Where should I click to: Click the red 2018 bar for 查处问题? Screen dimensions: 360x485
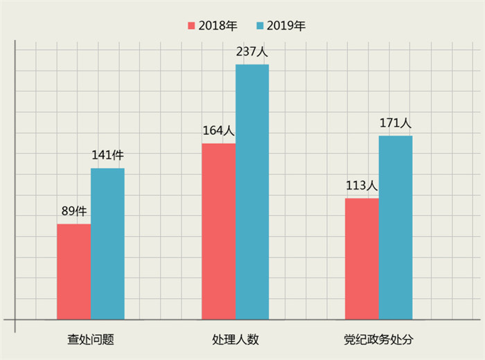tap(73, 271)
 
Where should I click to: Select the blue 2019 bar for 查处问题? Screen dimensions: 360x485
tap(107, 244)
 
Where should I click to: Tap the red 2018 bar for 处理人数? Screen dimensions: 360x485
tap(218, 231)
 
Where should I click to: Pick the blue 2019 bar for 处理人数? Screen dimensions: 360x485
tap(252, 192)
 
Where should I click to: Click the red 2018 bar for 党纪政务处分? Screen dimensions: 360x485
tap(362, 259)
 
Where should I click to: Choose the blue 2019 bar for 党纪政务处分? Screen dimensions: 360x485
tap(396, 228)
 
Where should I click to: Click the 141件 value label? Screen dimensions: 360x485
tap(107, 156)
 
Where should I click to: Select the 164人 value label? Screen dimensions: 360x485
tap(218, 130)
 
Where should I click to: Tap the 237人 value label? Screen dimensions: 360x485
tap(252, 51)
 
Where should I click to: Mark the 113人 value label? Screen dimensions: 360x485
tap(361, 186)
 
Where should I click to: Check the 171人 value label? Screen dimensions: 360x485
tap(396, 123)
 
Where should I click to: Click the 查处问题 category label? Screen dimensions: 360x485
tap(91, 339)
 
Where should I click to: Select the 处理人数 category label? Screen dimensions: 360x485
tap(236, 339)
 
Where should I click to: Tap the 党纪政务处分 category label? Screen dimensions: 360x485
tap(378, 339)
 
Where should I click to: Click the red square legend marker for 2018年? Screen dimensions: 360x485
tap(192, 26)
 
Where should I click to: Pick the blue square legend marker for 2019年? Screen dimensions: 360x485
tap(260, 26)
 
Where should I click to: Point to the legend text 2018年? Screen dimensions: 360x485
tap(218, 26)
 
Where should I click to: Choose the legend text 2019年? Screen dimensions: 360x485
tap(285, 26)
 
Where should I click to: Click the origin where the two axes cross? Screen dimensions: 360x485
tap(15, 320)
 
